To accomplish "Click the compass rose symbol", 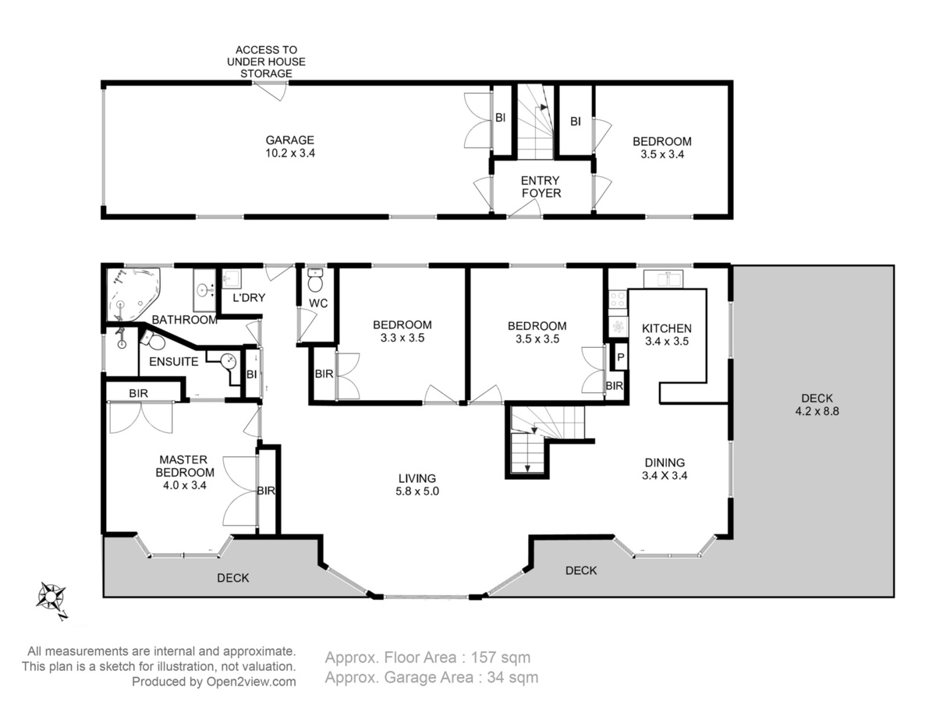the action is pos(51,596).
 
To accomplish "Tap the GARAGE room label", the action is pos(289,140).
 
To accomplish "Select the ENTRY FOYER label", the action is pos(541,186).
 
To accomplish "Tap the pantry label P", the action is pos(620,356).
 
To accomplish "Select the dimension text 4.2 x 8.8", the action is pos(817,411).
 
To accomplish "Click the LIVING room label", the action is pos(417,478).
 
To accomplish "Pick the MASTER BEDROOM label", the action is pos(185,466).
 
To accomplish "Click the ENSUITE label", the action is pos(174,361).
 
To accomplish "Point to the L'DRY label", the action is pos(249,297).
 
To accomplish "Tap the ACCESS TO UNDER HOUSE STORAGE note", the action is pos(266,62).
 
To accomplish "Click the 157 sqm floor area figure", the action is pos(501,658).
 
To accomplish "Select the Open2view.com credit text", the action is pos(251,682).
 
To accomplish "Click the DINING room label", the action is pos(665,463).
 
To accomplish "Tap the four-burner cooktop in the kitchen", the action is pos(617,299).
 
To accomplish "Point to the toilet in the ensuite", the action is pos(153,339).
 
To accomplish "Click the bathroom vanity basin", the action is pos(204,290).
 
